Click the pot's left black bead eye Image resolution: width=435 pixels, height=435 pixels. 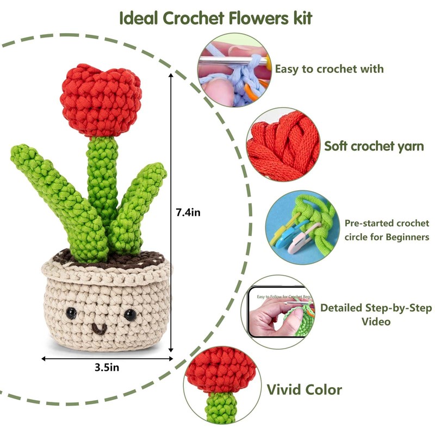click(x=71, y=313)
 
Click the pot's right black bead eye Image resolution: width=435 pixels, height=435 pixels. click(x=129, y=315)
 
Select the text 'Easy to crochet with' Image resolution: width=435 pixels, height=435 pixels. click(x=329, y=69)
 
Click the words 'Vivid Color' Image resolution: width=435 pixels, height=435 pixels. click(x=304, y=389)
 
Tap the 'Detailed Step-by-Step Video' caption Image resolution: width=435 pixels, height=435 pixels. click(x=375, y=314)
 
